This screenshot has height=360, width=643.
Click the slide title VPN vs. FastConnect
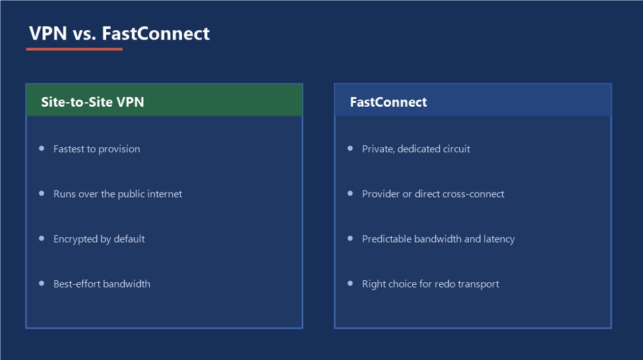click(x=119, y=34)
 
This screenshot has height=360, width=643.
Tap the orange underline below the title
click(x=75, y=49)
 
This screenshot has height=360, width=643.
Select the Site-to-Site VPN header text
click(x=93, y=102)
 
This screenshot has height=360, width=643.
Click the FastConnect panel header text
click(x=388, y=102)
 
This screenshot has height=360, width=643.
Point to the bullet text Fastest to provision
click(x=97, y=149)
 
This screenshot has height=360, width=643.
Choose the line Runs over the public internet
click(x=117, y=194)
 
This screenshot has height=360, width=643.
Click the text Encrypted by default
click(x=99, y=239)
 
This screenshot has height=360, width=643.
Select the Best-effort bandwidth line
click(x=102, y=284)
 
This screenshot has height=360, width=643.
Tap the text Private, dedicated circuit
click(x=416, y=149)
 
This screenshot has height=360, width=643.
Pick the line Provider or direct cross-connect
click(x=433, y=194)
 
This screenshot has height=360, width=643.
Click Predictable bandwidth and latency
click(x=439, y=239)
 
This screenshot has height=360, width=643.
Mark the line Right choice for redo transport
click(x=431, y=284)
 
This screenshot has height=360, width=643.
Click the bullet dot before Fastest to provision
click(x=42, y=148)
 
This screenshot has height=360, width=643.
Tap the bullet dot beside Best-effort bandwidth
click(x=42, y=284)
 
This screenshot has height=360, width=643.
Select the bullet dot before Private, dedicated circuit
click(x=350, y=148)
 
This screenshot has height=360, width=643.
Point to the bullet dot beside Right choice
click(x=350, y=284)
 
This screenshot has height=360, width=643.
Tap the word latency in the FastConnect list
click(x=499, y=239)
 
